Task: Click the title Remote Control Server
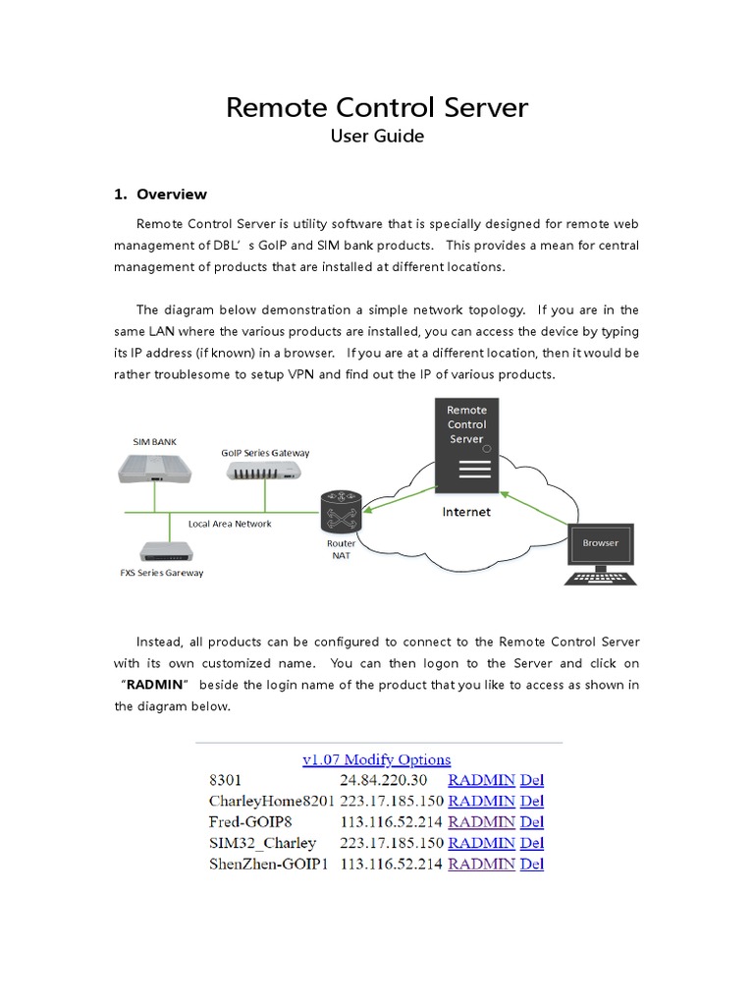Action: pyautogui.click(x=377, y=107)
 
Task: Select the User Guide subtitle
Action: pyautogui.click(x=377, y=137)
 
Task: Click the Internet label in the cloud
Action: pyautogui.click(x=466, y=512)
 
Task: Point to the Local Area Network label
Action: pyautogui.click(x=230, y=524)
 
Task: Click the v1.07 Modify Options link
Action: pyautogui.click(x=377, y=759)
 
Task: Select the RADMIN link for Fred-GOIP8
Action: pyautogui.click(x=481, y=822)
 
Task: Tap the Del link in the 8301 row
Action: pyautogui.click(x=531, y=780)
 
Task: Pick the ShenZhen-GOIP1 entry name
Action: pyautogui.click(x=268, y=865)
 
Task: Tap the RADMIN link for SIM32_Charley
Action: pyautogui.click(x=481, y=843)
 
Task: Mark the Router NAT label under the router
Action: pyautogui.click(x=341, y=548)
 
